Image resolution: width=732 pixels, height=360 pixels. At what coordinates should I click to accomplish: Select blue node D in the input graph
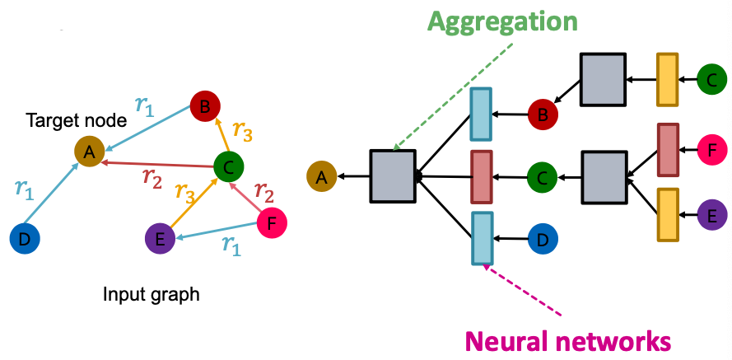coord(25,239)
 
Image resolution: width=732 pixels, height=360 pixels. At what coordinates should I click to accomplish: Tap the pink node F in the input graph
coord(273,223)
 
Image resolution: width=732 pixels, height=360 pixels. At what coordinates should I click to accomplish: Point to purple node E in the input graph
coord(160,240)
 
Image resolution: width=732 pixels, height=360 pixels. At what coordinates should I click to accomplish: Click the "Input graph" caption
coord(151,293)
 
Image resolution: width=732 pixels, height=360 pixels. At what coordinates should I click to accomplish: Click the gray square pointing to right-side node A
coord(393,175)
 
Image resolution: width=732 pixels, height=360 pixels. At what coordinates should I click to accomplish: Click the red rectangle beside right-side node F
coord(667,150)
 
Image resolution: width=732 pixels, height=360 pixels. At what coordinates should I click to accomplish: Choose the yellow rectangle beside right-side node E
coord(667,214)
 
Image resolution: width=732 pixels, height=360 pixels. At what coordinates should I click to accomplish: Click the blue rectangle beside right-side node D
coord(483,238)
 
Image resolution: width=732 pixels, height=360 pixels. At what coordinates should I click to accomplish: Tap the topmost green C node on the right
coord(711,80)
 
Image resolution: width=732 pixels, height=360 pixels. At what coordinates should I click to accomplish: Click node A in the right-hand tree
coord(322,175)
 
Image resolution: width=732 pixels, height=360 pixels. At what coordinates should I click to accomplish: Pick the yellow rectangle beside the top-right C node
coord(667,79)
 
